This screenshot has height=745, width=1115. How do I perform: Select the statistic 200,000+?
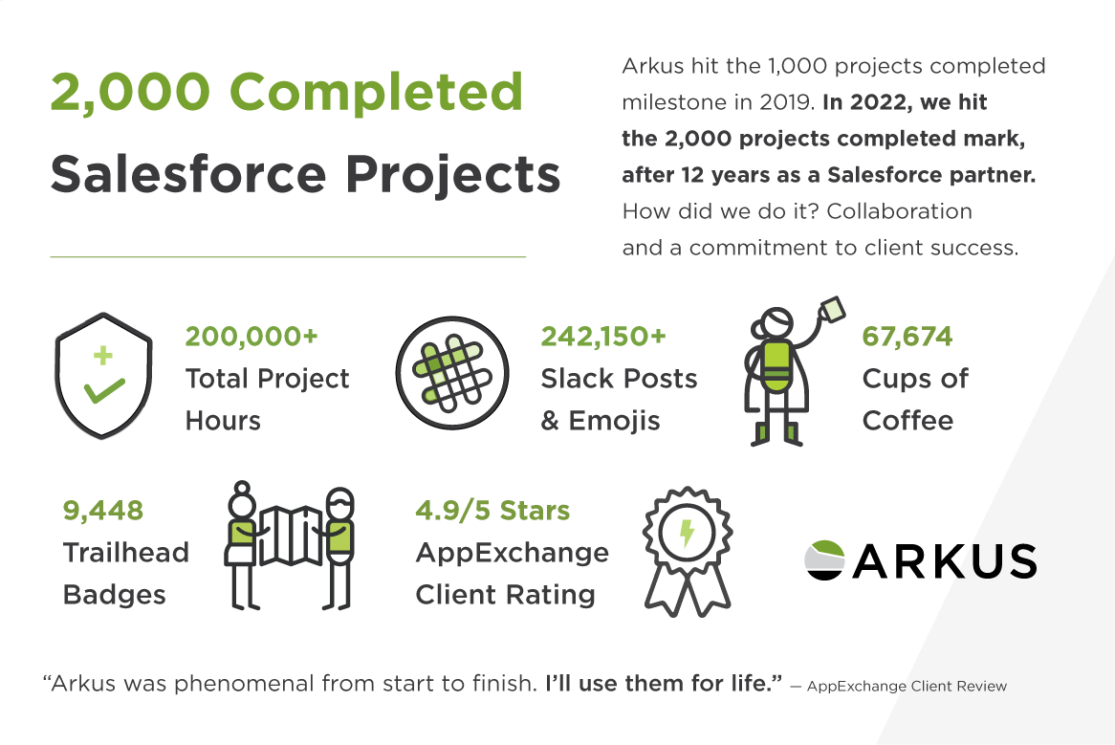click(x=251, y=337)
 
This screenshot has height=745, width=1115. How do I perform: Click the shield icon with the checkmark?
click(x=103, y=379)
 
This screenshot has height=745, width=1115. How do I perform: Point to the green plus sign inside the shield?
click(x=102, y=357)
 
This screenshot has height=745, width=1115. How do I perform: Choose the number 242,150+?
click(x=603, y=337)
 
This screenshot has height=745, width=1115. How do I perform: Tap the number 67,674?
click(x=907, y=337)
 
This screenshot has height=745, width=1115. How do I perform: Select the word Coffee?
click(x=907, y=421)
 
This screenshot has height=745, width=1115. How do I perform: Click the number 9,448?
click(x=103, y=511)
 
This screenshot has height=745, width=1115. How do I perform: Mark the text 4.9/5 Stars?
click(x=492, y=511)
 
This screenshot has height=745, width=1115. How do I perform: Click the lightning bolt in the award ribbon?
click(x=686, y=533)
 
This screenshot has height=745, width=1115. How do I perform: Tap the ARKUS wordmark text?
click(x=944, y=561)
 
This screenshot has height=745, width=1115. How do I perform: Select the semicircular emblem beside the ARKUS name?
click(x=823, y=560)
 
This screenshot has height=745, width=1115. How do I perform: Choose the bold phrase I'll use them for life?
click(x=664, y=684)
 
